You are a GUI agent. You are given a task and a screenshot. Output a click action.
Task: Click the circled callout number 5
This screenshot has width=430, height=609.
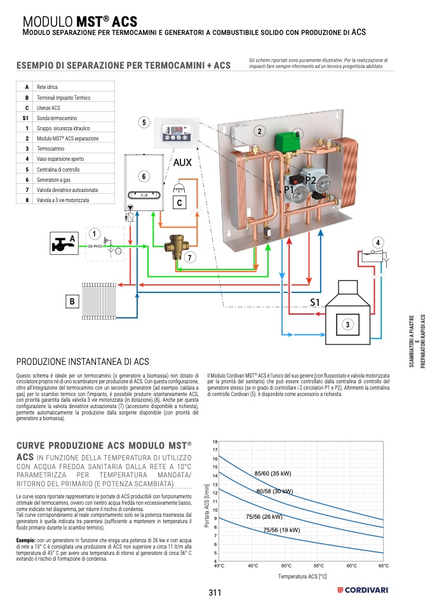coord(144,122)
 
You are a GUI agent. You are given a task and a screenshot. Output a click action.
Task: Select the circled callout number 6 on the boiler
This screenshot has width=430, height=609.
coord(144,175)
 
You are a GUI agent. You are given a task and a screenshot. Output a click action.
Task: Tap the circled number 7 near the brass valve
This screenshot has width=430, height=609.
coord(189,257)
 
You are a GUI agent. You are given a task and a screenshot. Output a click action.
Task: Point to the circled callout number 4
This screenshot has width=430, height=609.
coord(379,242)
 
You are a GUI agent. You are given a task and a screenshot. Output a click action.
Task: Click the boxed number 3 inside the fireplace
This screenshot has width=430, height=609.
coord(347,324)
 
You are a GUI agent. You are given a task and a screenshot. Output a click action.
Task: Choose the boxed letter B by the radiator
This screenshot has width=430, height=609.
coord(72,301)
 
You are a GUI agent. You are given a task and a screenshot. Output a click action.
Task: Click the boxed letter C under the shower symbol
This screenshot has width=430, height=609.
coord(180,203)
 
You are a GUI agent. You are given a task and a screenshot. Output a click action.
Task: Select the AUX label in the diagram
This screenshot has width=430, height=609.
coord(182,163)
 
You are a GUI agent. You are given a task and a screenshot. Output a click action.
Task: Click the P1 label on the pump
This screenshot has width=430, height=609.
coord(289,189)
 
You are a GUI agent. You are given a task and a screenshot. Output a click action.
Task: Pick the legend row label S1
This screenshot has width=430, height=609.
coord(26,118)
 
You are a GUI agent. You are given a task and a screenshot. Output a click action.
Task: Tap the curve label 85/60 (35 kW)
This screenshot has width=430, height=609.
coord(272,474)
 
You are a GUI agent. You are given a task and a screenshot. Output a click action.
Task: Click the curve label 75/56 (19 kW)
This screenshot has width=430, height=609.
coord(281,530)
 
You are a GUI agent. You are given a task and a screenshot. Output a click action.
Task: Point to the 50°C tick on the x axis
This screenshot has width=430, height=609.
coord(286,565)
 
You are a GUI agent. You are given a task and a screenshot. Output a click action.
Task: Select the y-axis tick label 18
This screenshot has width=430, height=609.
coord(215,441)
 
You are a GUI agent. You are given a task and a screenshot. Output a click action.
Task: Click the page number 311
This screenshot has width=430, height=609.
coord(215,593)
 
